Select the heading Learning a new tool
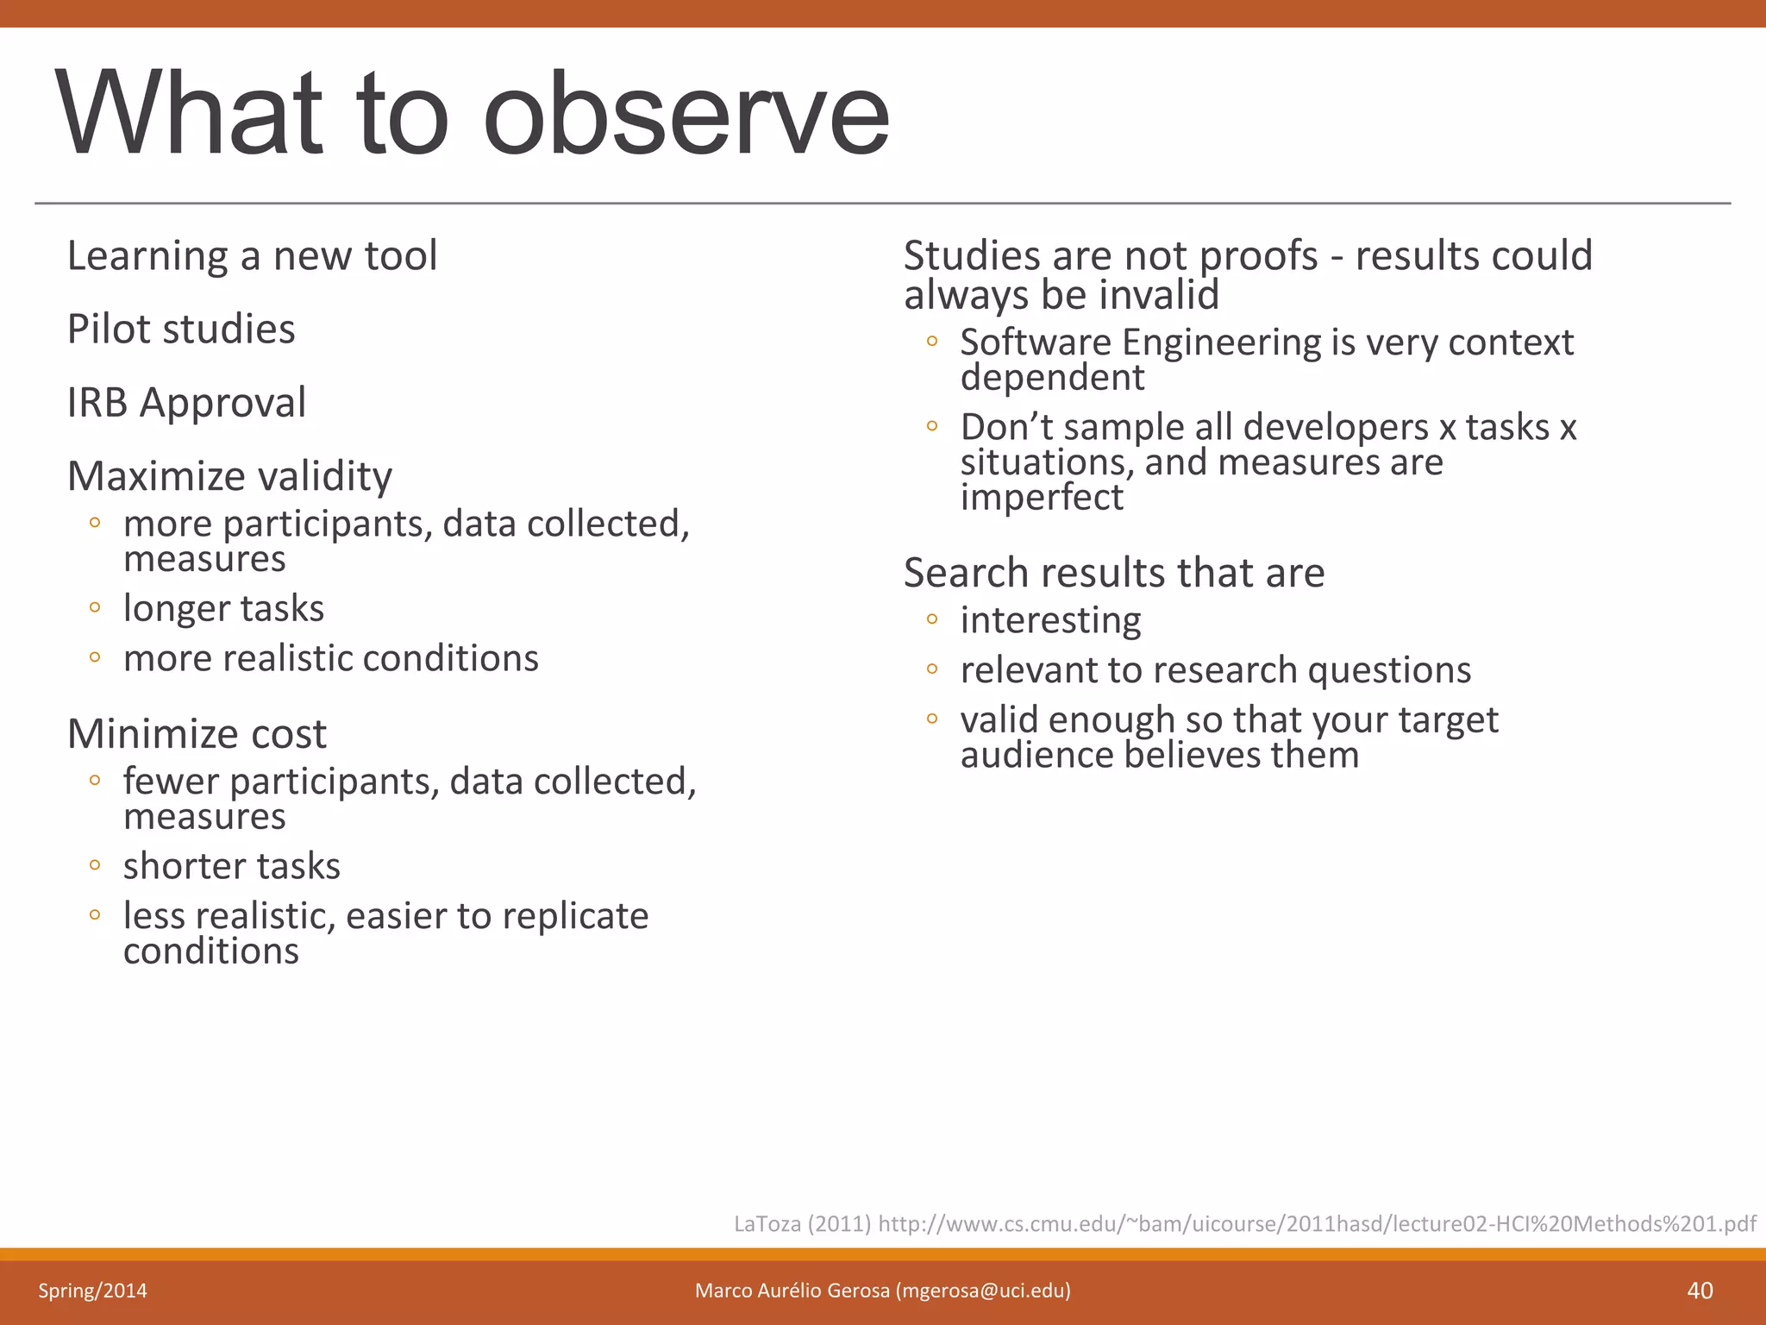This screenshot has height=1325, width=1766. pos(252,256)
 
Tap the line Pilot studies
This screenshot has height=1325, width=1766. pos(181,330)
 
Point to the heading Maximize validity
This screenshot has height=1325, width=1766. pos(229,476)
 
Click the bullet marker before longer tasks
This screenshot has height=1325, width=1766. pos(95,608)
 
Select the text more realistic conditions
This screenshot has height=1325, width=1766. pos(330,658)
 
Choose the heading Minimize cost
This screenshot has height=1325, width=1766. pos(197,734)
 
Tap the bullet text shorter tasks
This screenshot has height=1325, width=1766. pos(231,866)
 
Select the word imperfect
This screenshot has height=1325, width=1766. pos(1042,498)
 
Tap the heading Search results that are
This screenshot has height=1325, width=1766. pos(1113,573)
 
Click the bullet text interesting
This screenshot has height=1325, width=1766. pos(1050,620)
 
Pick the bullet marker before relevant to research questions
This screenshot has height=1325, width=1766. pos(931,669)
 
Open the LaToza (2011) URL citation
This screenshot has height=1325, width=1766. pos(1244,1223)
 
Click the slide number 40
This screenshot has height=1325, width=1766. pos(1700,1290)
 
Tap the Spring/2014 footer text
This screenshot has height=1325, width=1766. pos(92,1290)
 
